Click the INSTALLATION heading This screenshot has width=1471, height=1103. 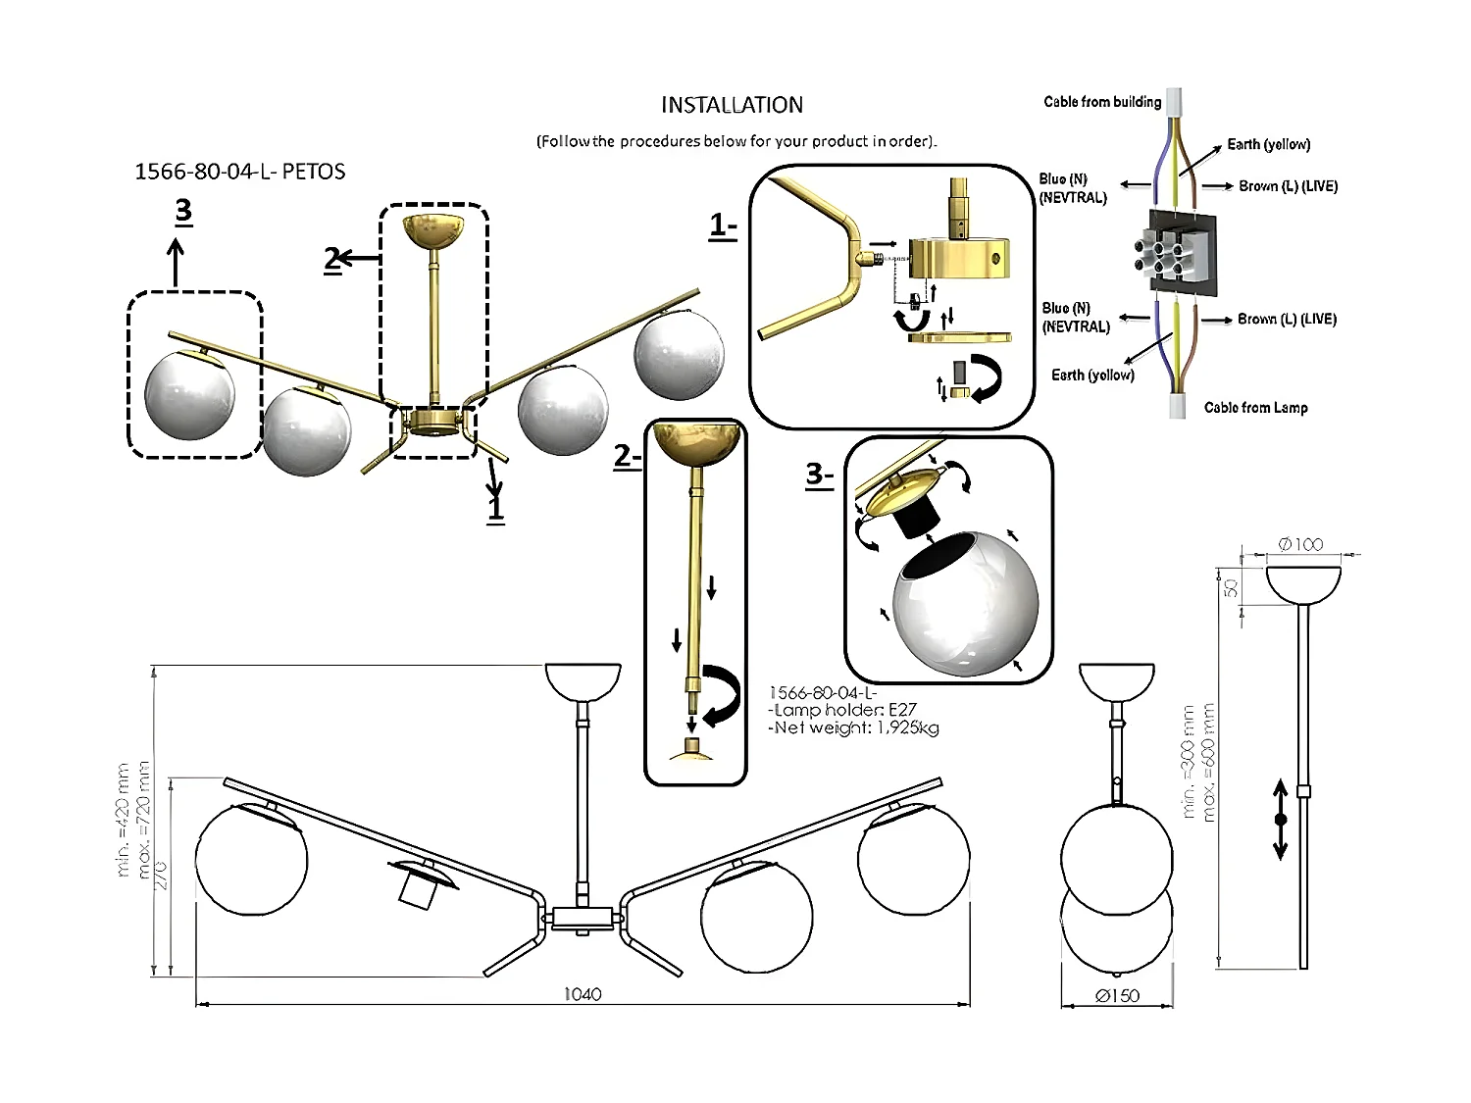[x=732, y=105]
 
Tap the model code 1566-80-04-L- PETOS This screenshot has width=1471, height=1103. [x=239, y=172]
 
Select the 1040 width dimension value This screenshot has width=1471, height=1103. [x=583, y=994]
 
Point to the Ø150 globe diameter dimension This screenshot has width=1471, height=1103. [x=1117, y=996]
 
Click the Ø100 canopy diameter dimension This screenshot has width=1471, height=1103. [x=1301, y=544]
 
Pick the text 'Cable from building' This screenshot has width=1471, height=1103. [x=1102, y=101]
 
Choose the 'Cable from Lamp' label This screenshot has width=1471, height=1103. [x=1255, y=407]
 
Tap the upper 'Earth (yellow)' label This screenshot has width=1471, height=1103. [x=1268, y=144]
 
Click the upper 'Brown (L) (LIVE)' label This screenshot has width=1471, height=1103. [x=1288, y=185]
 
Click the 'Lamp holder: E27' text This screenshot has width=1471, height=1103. [x=843, y=710]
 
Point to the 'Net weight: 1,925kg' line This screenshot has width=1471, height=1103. [x=853, y=727]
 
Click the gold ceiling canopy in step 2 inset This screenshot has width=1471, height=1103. [x=695, y=442]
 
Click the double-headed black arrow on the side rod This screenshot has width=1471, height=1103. [x=1280, y=819]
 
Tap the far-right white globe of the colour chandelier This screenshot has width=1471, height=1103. [x=679, y=355]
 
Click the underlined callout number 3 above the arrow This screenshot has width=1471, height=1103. [x=182, y=210]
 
